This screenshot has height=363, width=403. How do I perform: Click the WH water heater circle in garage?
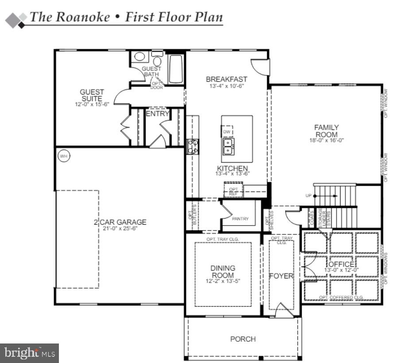coord(64,156)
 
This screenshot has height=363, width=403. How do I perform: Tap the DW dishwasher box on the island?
coord(227,132)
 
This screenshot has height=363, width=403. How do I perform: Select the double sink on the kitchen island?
coord(229,146)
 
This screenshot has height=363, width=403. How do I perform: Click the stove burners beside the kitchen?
coord(194,146)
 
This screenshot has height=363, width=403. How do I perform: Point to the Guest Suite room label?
coord(92,95)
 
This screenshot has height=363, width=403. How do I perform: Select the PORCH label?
coord(243,339)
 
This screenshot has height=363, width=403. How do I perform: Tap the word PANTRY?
coord(240,219)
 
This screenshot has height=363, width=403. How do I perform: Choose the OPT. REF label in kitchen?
coord(233,191)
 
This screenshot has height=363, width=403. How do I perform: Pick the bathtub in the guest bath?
coord(176,69)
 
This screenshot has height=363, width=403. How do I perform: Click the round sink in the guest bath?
coord(140,56)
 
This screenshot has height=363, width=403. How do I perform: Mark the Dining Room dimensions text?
coord(223,281)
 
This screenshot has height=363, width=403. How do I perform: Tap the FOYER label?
coord(281,276)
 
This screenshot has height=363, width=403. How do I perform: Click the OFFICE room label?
coord(341,264)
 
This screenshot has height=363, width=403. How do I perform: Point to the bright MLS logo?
coord(29,353)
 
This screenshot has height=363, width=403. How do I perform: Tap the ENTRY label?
coord(158,114)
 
